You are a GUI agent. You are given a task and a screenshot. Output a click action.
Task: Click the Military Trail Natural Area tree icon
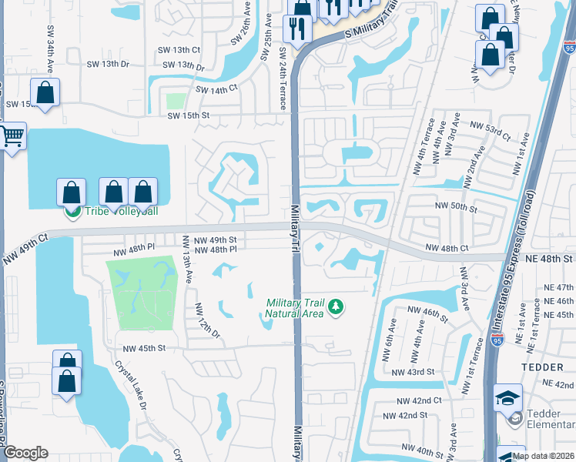335,307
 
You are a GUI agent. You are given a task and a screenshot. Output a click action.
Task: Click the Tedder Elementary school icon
508,398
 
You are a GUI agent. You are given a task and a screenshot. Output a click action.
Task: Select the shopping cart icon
12,137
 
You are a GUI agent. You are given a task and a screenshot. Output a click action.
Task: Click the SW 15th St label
189,115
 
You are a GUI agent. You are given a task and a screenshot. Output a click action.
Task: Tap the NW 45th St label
139,348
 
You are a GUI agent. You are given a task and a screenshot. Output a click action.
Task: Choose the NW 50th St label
457,207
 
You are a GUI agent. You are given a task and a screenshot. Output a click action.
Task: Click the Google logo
25,453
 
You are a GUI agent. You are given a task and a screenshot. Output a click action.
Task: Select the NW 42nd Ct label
419,400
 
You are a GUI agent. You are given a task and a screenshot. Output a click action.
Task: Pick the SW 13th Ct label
182,49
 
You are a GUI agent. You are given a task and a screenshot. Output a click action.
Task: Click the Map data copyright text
543,456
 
